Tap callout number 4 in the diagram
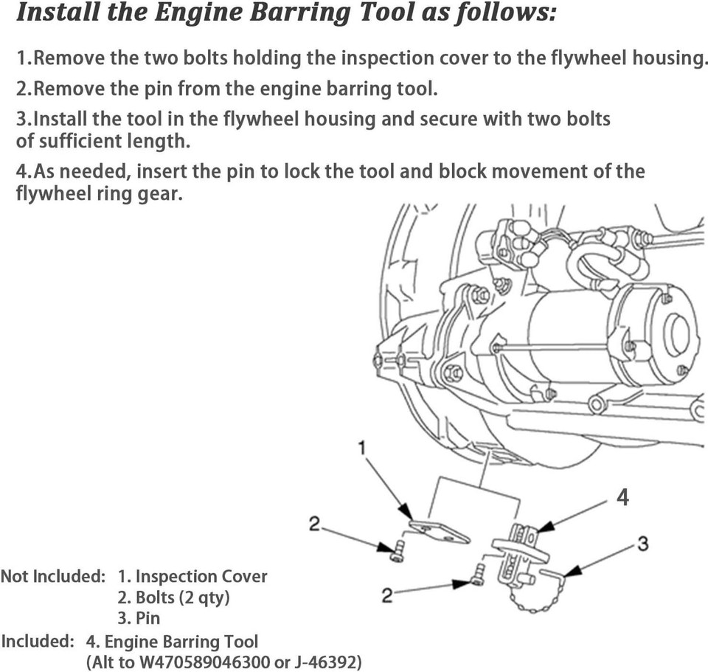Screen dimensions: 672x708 [x=622, y=498]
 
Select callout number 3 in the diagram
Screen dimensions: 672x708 [x=642, y=544]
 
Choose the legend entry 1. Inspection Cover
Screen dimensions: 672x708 [x=192, y=576]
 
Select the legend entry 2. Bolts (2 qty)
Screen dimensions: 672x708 [x=173, y=597]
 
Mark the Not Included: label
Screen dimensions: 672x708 [x=52, y=576]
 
